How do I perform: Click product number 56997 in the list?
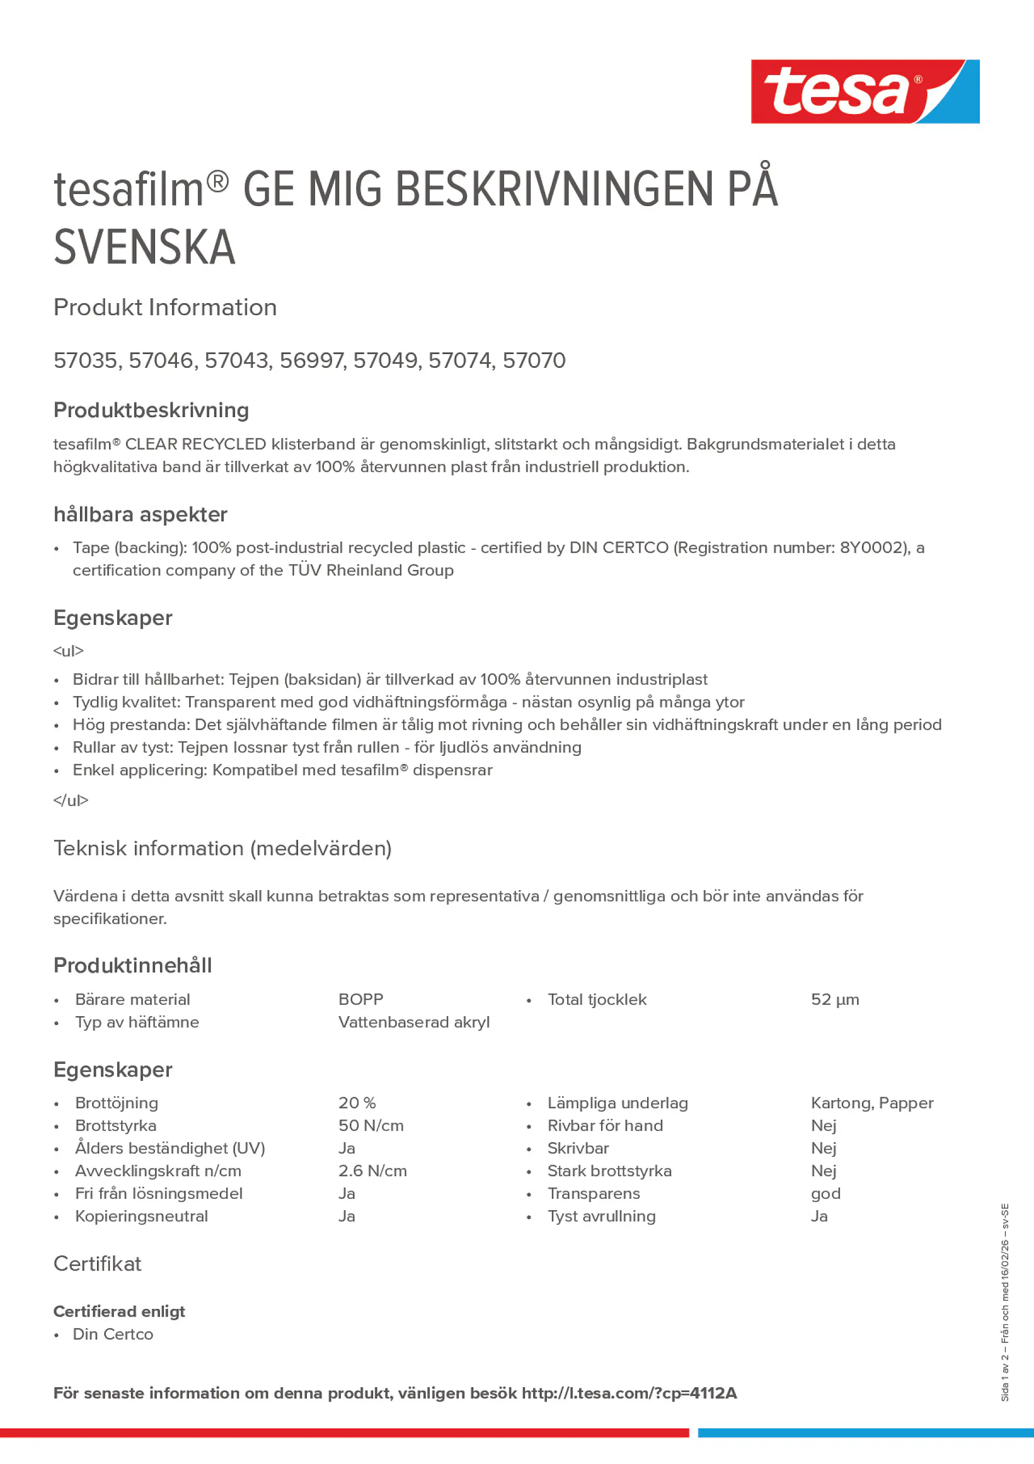coord(313,360)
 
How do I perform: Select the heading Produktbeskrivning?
coord(151,410)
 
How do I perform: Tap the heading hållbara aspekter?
coord(140,515)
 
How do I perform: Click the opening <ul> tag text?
coord(68,651)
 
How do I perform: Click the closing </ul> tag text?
coord(71,800)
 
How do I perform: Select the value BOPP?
coord(361,999)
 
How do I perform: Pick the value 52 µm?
coord(835,999)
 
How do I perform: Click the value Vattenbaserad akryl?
coord(414,1022)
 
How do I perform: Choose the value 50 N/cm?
coord(371,1125)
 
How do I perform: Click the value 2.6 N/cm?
coord(372,1171)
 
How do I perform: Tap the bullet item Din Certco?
coord(113,1334)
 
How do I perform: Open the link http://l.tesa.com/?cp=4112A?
coord(629,1393)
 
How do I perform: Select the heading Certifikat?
coord(98,1264)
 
